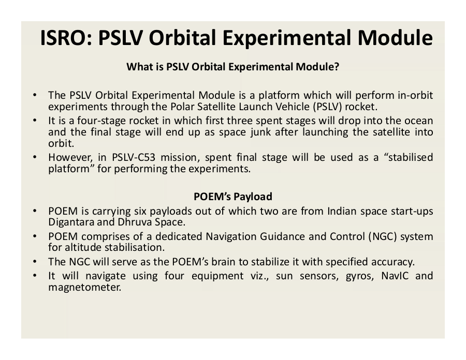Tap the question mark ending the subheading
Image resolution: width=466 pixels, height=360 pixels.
pyautogui.click(x=337, y=67)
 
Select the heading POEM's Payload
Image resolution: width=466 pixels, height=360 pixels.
pyautogui.click(x=233, y=197)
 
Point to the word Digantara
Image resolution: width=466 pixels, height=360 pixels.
pyautogui.click(x=70, y=222)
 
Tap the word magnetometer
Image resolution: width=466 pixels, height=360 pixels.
pyautogui.click(x=85, y=287)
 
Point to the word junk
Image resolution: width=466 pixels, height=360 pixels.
pyautogui.click(x=260, y=132)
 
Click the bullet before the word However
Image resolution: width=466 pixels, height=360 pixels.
pyautogui.click(x=35, y=157)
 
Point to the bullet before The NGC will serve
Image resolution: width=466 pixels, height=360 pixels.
pyautogui.click(x=35, y=262)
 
